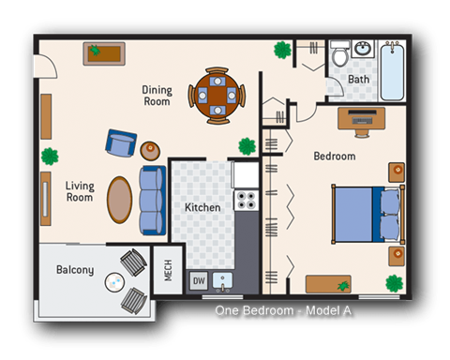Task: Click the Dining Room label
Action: pos(157,96)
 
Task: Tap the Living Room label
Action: pos(79,191)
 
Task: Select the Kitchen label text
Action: pos(202,207)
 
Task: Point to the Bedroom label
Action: pos(334,157)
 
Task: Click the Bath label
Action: pos(358,80)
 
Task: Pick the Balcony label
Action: pos(75,270)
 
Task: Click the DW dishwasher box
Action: pos(198,279)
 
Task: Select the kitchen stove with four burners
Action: pos(247,200)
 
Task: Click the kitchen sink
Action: pos(223,279)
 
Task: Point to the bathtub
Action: pos(391,69)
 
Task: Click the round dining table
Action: pos(217,96)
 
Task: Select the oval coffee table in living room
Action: pos(120,200)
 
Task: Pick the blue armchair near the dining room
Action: pos(120,143)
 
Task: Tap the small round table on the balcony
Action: pos(114,279)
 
